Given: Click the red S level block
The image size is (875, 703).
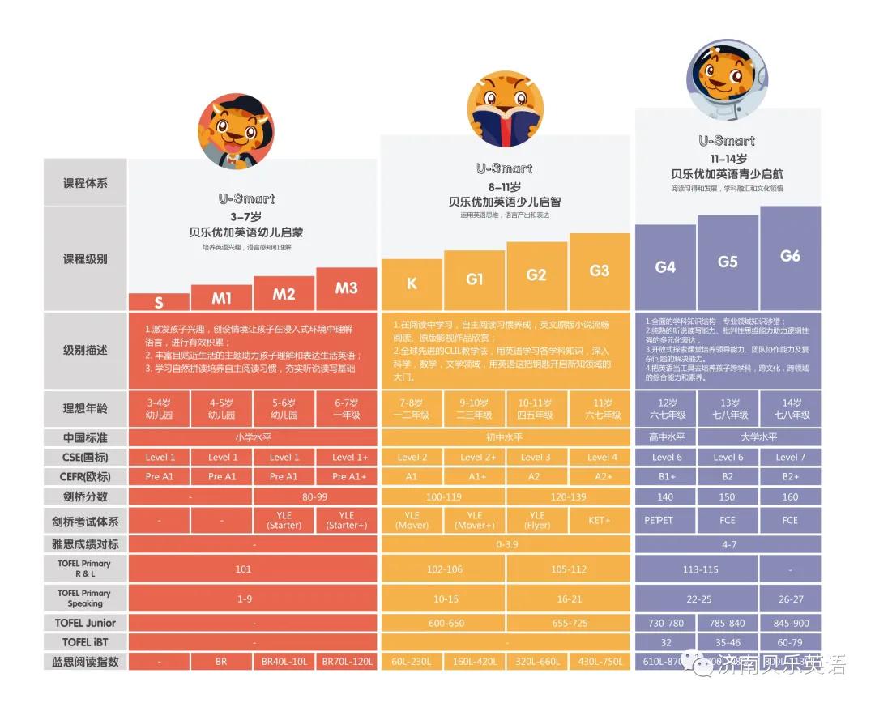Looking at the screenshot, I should (159, 302).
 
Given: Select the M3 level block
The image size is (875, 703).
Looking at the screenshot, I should (346, 288).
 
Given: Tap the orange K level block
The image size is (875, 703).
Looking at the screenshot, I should (412, 283).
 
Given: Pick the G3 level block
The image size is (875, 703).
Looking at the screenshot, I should (600, 271).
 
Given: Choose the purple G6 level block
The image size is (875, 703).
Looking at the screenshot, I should (790, 257).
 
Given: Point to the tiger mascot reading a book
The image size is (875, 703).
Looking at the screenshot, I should (505, 109).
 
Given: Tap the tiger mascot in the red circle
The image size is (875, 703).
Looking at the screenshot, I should (236, 131).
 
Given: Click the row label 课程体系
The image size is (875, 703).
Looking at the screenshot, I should (85, 183).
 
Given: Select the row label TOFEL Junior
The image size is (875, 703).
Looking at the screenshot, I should (85, 623).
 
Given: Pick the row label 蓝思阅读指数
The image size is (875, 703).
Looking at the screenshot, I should (85, 662).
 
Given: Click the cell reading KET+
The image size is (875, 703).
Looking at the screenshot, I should (600, 520).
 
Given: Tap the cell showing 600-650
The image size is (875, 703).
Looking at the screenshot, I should (443, 623).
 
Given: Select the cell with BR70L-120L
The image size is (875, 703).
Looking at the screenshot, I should (346, 662).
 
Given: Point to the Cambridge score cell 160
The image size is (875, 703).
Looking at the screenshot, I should (790, 496).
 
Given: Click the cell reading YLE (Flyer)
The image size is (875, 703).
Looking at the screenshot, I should (536, 520).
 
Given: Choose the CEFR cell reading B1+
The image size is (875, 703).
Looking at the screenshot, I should (665, 477).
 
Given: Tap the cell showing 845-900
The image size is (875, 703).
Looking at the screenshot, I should (790, 623).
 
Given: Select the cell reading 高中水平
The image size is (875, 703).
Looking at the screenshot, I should (665, 437).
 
